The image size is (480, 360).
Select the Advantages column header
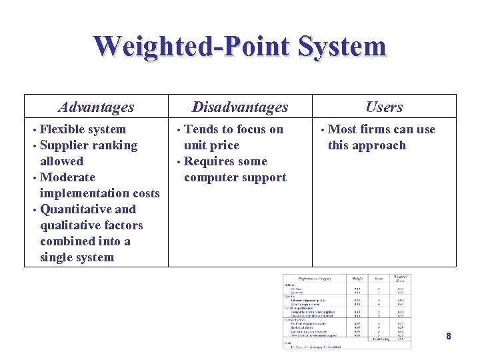point(96,107)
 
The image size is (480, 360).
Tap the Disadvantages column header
point(240,107)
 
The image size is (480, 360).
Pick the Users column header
point(384,107)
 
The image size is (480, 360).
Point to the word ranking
point(113,145)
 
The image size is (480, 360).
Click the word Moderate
point(67,177)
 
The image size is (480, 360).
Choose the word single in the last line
point(57,257)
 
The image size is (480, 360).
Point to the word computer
point(212,177)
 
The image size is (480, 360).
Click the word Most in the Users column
point(343,129)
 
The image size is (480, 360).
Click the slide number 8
point(449,337)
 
